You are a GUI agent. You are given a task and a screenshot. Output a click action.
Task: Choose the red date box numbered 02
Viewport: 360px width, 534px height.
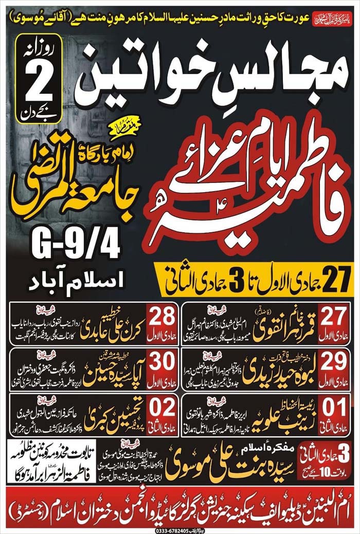(161, 407)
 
